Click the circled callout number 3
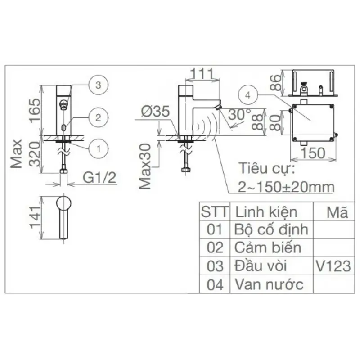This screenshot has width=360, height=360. (x=98, y=85)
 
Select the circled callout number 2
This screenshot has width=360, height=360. (x=98, y=117)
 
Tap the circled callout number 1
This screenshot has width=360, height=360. (x=99, y=149)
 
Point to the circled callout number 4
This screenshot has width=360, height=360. (x=248, y=95)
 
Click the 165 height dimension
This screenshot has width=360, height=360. (x=35, y=110)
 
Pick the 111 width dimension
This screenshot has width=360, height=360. (x=202, y=74)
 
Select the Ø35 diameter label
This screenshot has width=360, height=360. (x=155, y=111)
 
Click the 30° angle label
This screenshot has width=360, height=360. (x=239, y=114)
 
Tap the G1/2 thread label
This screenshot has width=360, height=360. (x=99, y=177)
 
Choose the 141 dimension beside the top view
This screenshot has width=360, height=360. (x=36, y=217)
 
